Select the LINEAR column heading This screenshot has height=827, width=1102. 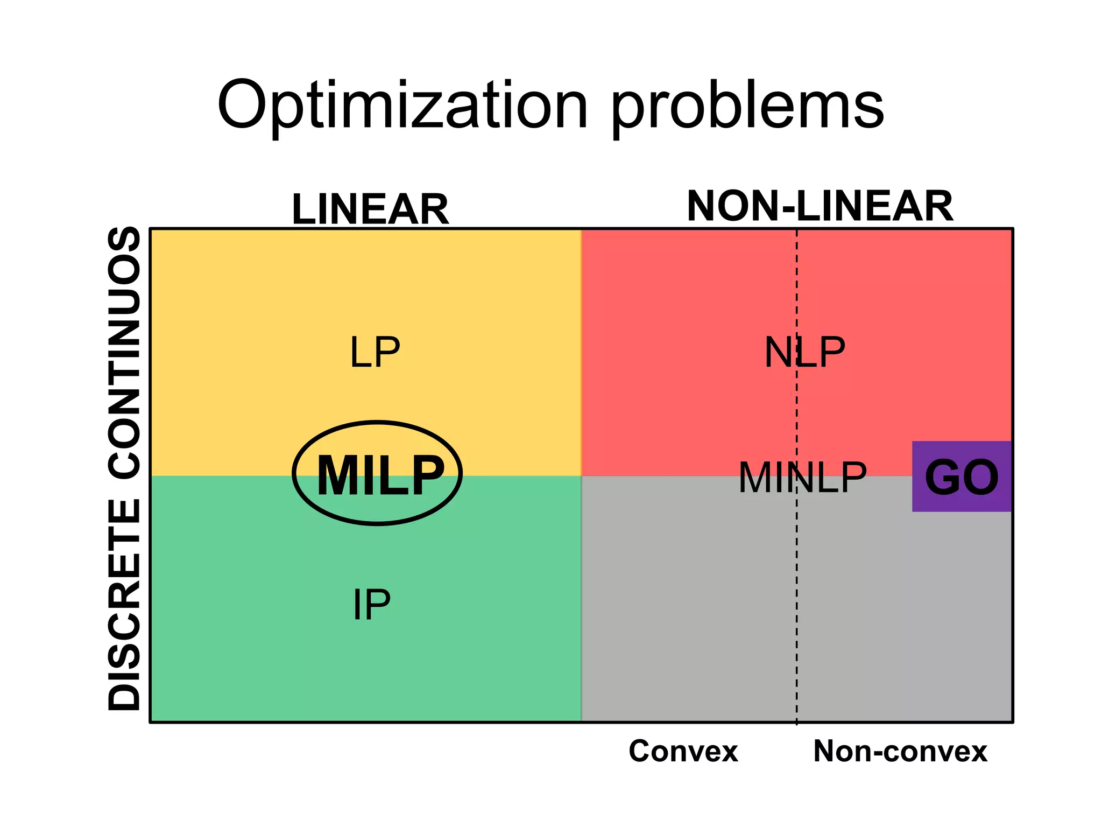[370, 209]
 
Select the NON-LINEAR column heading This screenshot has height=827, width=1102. [820, 206]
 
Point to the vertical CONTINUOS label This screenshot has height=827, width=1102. [124, 353]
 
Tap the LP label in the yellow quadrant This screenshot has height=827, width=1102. [375, 353]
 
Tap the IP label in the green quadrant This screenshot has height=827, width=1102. [371, 605]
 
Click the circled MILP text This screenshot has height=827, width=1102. [380, 475]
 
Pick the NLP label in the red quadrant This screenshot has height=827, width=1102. [804, 353]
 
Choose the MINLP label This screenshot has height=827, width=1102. [802, 478]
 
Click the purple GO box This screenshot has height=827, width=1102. [962, 476]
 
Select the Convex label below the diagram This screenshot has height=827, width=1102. [683, 751]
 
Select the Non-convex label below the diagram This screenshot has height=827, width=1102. [900, 751]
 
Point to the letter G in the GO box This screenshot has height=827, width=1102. [943, 477]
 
